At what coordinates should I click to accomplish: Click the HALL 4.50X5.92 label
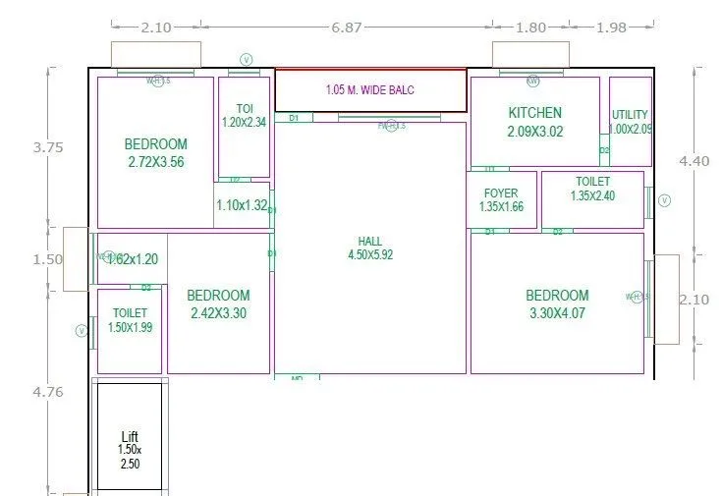tap(370, 248)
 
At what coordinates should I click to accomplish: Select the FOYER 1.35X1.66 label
tap(501, 200)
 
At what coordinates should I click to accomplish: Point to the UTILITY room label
tap(630, 122)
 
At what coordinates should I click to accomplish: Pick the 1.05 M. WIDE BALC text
tap(370, 90)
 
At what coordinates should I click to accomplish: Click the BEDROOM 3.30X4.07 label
tap(557, 303)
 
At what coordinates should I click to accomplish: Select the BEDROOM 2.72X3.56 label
tap(155, 153)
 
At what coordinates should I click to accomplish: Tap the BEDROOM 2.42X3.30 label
tap(218, 303)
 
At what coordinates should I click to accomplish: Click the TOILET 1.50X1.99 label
tap(130, 320)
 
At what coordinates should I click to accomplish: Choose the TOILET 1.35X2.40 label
tap(592, 189)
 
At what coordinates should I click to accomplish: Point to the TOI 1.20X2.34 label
tap(245, 115)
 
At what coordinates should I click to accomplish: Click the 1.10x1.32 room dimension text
tap(242, 205)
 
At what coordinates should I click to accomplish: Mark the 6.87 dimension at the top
tap(347, 28)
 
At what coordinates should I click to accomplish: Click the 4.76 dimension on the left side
tap(47, 391)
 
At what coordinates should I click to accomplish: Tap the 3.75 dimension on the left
tap(47, 147)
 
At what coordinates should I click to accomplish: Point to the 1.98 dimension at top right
tap(610, 28)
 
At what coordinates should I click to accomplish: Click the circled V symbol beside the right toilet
tap(664, 200)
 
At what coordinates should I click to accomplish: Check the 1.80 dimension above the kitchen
tap(530, 28)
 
